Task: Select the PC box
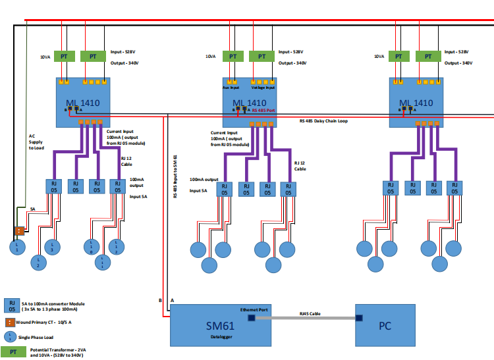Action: click(385, 325)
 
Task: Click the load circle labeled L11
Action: click(103, 262)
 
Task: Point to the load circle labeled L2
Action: click(39, 262)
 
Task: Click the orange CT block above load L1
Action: click(20, 231)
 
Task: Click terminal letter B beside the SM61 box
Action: click(160, 300)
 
